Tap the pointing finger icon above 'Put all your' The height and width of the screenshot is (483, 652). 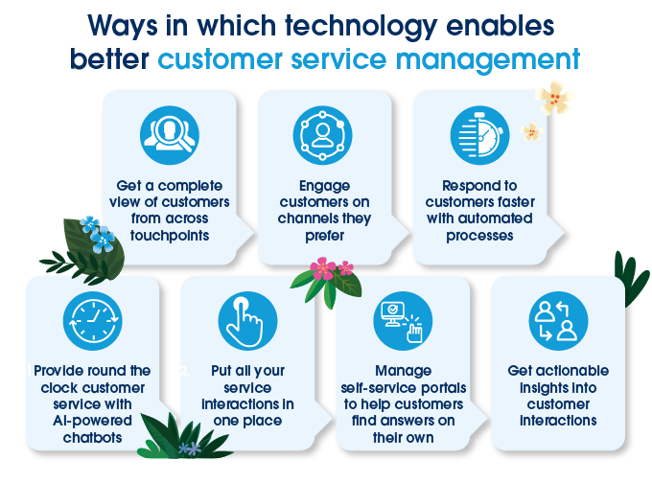click(x=246, y=321)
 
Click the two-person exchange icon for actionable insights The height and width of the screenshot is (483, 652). click(x=558, y=321)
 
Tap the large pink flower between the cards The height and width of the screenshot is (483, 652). click(x=323, y=267)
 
